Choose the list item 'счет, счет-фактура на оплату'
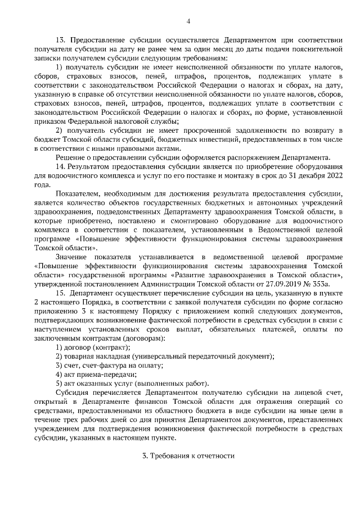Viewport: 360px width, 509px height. pyautogui.click(x=114, y=365)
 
